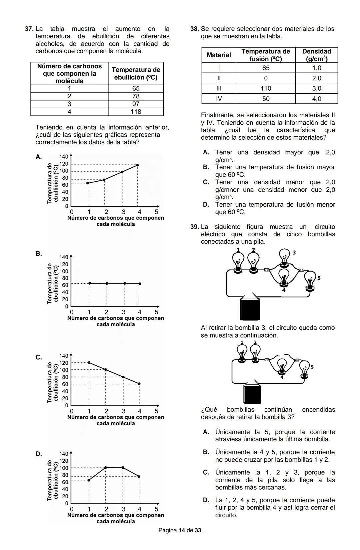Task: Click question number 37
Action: [29, 29]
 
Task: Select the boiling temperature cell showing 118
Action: [136, 112]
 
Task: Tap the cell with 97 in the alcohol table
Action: [136, 104]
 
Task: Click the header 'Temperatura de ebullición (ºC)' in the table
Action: [136, 74]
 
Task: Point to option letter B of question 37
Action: [39, 253]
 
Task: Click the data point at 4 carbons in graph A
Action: [137, 165]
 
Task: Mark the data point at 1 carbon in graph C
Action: [89, 362]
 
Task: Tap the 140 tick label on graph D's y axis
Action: [64, 454]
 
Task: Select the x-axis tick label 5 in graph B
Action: [156, 312]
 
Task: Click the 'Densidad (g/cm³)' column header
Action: [316, 55]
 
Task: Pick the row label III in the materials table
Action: [219, 88]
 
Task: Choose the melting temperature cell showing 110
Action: [266, 88]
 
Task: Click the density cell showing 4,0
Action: [316, 99]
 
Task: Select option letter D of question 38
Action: [206, 204]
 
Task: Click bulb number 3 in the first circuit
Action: [284, 257]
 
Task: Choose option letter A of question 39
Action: [206, 432]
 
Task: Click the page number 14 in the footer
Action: [182, 530]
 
